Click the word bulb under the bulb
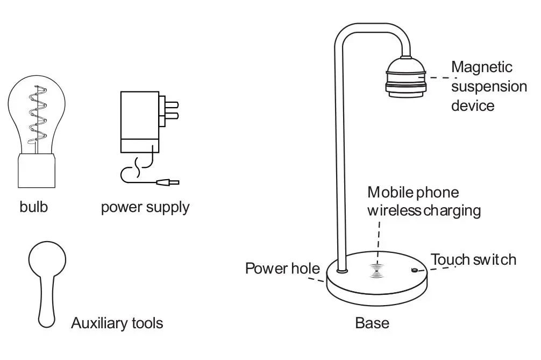33,207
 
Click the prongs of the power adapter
171,110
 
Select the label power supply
145,207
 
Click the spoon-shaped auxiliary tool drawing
47,280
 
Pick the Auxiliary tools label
117,323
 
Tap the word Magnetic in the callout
482,67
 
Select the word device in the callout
472,105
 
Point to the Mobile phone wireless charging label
424,201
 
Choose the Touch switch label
473,260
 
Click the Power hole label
282,268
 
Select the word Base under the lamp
372,323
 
